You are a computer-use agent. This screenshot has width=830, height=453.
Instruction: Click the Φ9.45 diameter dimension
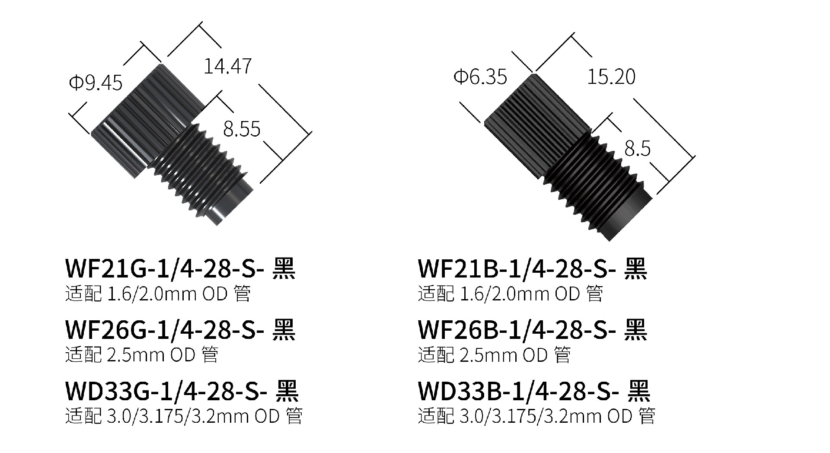(x=96, y=83)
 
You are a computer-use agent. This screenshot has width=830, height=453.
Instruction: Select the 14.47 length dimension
(x=227, y=66)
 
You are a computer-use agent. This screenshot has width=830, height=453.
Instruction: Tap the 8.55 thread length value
(x=242, y=129)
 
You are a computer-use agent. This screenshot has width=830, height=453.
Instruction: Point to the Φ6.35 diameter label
(x=480, y=77)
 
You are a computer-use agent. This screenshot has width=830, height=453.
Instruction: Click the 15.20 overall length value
(x=611, y=77)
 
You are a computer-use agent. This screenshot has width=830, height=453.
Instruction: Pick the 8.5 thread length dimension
(x=637, y=149)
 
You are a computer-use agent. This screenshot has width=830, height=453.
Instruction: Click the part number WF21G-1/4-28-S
(x=164, y=268)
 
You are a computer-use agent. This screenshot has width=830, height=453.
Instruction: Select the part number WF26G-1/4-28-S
(x=164, y=330)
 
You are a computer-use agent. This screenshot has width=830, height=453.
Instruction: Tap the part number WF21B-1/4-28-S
(x=517, y=268)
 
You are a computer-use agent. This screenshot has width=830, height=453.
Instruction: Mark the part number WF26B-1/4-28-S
(x=517, y=330)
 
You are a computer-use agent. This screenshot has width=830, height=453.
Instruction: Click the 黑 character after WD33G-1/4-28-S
(x=287, y=391)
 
